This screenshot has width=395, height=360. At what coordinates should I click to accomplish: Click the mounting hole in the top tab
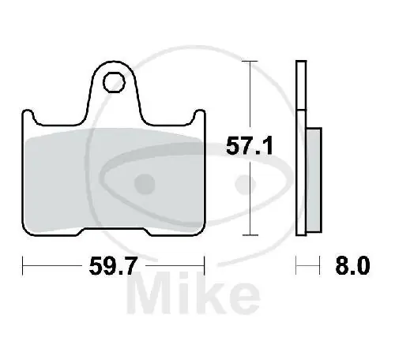pyautogui.click(x=116, y=80)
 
